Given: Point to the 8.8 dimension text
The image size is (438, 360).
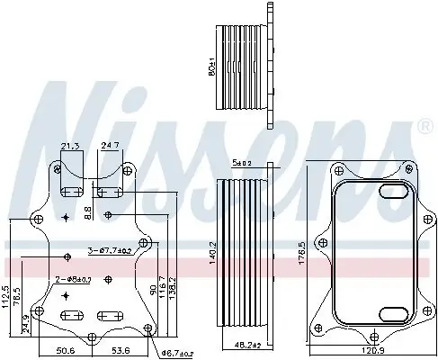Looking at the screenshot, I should [x=86, y=212].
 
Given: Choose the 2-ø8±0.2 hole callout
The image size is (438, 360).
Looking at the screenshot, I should [x=73, y=279].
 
